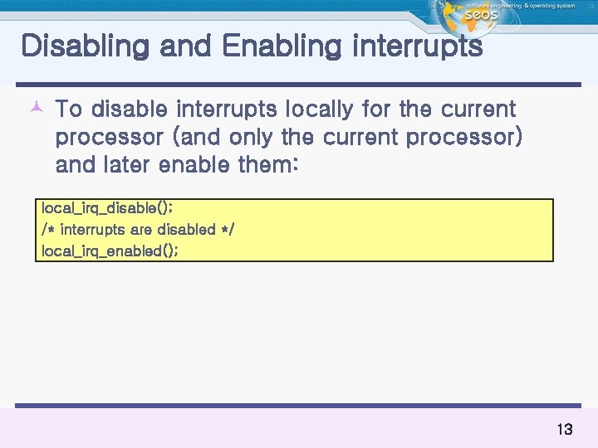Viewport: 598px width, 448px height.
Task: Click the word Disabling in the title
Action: pos(81,47)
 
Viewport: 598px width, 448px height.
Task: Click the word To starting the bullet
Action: pos(68,110)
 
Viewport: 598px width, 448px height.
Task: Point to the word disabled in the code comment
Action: pos(185,229)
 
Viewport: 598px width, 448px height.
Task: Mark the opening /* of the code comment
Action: pos(47,230)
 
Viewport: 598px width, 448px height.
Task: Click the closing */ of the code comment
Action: pos(227,229)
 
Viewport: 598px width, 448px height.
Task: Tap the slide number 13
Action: pos(564,430)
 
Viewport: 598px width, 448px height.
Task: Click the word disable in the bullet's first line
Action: pos(129,110)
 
